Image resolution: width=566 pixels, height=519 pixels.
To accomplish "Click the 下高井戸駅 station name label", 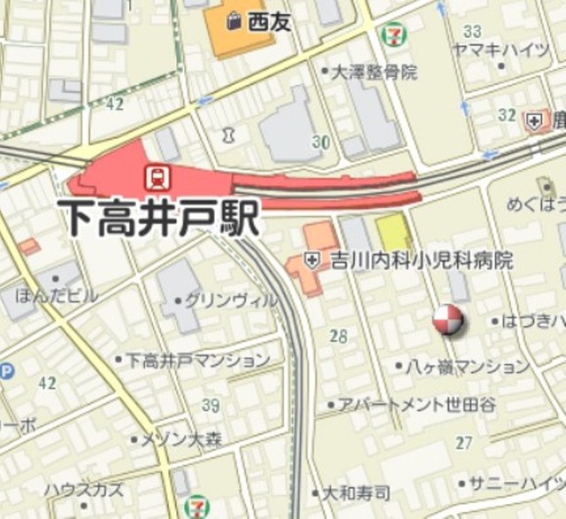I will (x=158, y=217).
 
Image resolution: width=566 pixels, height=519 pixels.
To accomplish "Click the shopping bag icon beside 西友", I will (x=233, y=19).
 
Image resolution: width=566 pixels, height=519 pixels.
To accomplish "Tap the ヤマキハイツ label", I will (x=500, y=50).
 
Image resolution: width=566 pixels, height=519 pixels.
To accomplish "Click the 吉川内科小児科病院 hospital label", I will (x=420, y=261).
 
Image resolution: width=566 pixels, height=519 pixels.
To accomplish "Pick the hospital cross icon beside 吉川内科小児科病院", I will (x=311, y=260).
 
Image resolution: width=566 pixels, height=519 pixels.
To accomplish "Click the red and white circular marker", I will (x=448, y=321).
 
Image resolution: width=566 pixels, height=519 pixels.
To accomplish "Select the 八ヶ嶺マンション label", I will (x=467, y=366).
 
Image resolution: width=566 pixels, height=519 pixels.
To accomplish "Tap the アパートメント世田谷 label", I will (x=417, y=404).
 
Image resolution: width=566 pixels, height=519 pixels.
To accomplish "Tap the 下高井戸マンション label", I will (x=196, y=360).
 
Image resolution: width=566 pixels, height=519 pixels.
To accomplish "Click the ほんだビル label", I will (x=57, y=295).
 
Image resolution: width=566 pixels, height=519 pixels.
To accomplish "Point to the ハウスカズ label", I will (x=85, y=488).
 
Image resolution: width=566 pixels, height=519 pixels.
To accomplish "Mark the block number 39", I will (x=210, y=405).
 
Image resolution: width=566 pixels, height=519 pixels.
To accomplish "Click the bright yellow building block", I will (x=394, y=233).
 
